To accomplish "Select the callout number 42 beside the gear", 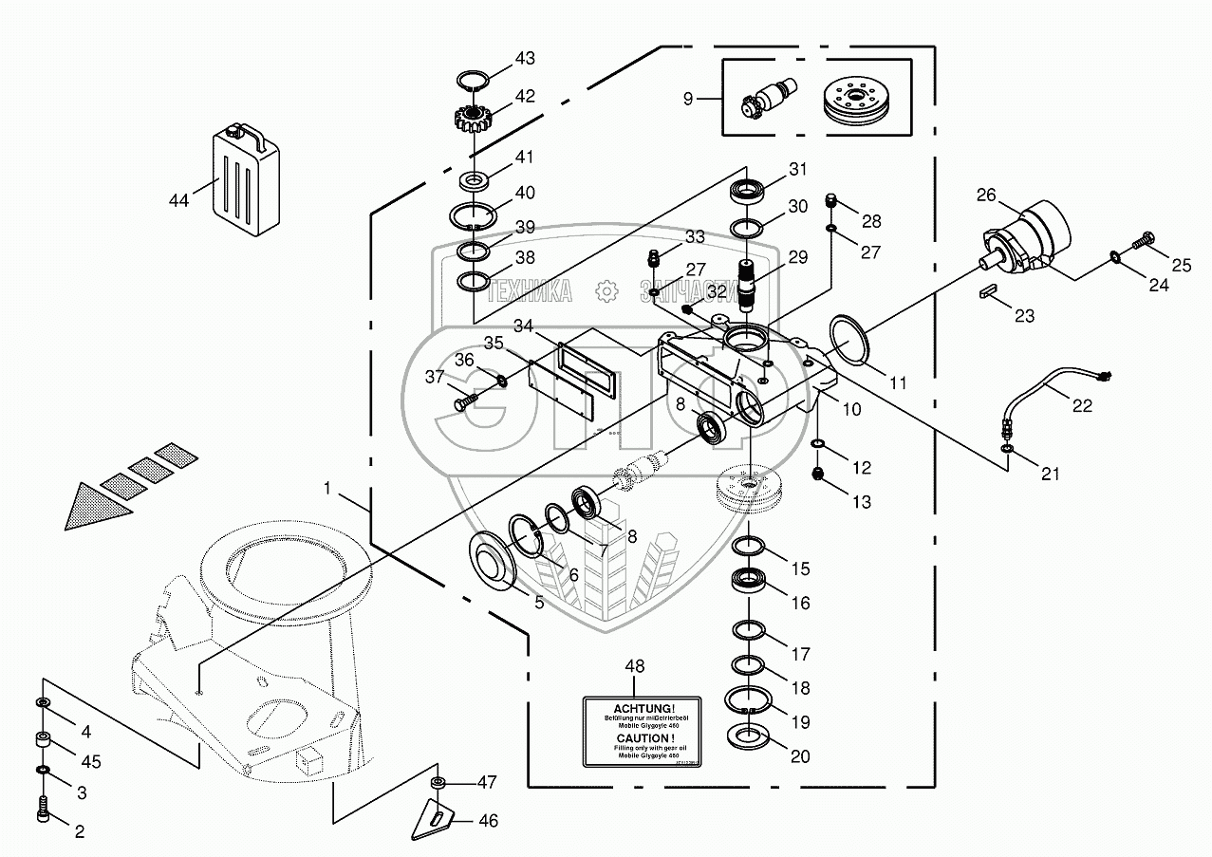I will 525,96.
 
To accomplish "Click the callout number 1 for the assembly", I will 326,488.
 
